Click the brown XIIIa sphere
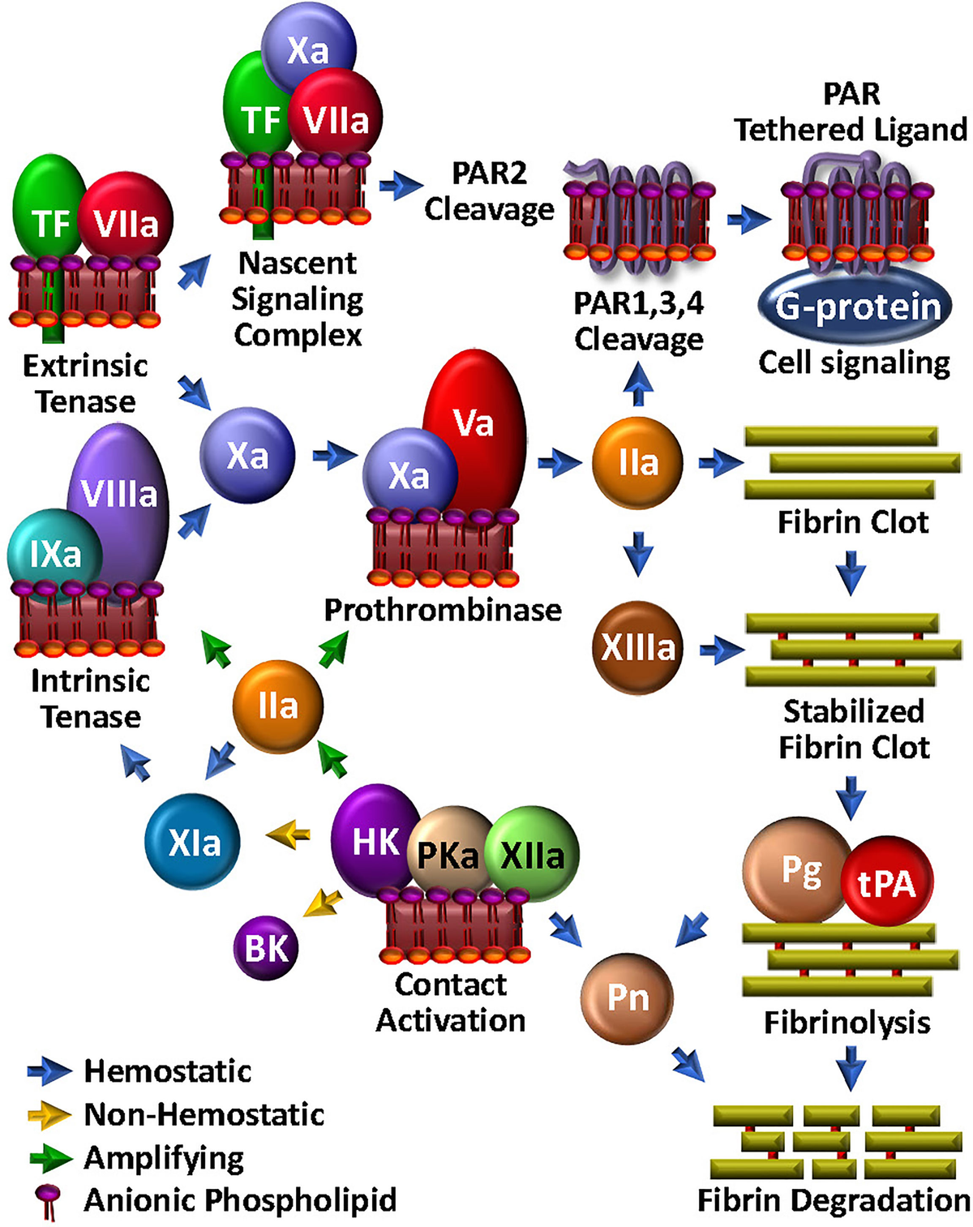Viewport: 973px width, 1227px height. click(x=637, y=646)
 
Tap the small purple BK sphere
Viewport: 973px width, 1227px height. click(x=266, y=947)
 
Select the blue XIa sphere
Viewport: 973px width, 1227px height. click(x=194, y=843)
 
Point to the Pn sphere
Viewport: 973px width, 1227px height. click(x=628, y=997)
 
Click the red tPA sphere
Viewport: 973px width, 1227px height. click(x=887, y=883)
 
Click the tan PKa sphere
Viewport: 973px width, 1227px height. click(x=448, y=853)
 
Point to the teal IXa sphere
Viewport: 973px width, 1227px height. click(x=54, y=555)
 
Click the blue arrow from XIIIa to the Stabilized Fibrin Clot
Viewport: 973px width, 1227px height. click(x=722, y=649)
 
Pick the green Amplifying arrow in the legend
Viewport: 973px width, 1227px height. click(x=49, y=1159)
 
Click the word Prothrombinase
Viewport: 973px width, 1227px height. click(x=443, y=610)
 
